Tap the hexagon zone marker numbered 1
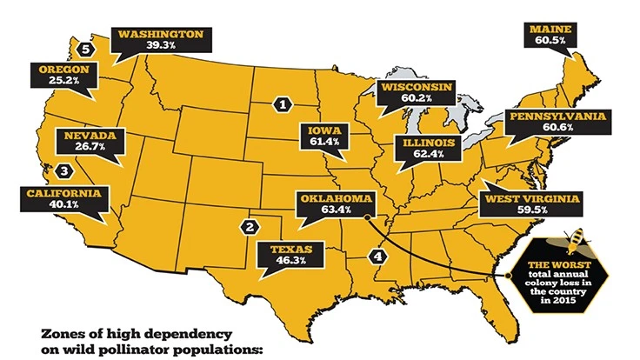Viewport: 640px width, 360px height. (x=282, y=103)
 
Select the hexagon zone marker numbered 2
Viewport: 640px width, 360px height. (x=250, y=227)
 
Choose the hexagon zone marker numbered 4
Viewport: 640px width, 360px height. (x=377, y=257)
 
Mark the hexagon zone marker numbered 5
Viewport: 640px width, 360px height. (x=84, y=49)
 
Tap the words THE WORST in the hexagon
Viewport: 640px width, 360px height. (x=562, y=265)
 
